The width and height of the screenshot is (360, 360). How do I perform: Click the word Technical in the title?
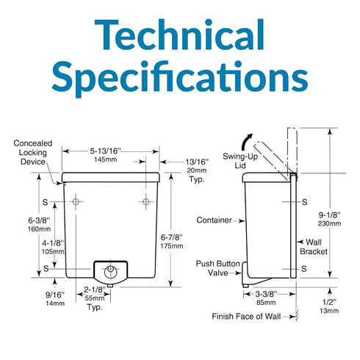179,35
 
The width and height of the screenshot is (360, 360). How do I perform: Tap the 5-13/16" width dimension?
105,151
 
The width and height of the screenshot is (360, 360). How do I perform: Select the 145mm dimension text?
106,159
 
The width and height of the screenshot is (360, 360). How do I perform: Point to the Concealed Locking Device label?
33,152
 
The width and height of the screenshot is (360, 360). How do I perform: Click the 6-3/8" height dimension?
39,220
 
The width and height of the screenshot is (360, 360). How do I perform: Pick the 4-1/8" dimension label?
53,243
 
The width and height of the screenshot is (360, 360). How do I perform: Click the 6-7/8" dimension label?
172,237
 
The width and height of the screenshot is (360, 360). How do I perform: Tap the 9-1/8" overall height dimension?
329,215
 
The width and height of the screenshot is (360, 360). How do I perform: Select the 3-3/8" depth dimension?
266,294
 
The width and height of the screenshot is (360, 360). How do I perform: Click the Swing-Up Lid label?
240,161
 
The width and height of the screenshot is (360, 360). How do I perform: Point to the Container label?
214,220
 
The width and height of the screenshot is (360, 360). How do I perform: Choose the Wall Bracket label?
314,247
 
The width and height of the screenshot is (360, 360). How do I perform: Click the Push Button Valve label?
218,268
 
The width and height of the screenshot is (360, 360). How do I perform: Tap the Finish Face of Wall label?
246,317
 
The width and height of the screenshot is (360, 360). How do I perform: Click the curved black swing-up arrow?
246,142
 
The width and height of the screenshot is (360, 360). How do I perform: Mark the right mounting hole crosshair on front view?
146,202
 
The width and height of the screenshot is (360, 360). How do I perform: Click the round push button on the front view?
110,272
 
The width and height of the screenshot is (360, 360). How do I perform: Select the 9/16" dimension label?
55,295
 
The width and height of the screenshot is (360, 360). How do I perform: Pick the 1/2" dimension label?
329,302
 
